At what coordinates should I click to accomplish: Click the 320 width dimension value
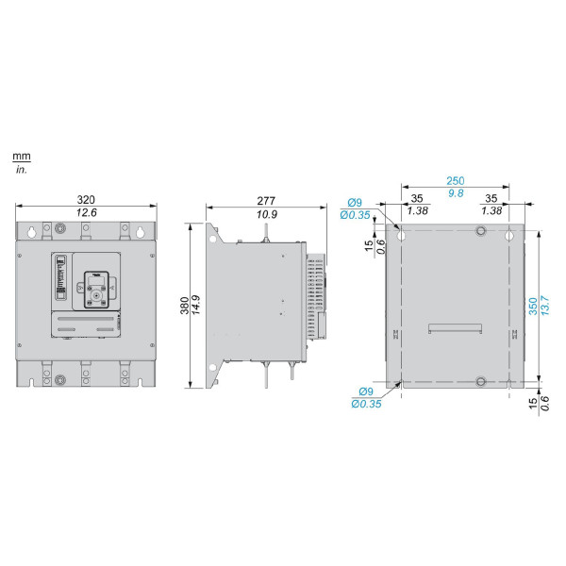[x=86, y=200]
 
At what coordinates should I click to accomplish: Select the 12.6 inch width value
[x=86, y=212]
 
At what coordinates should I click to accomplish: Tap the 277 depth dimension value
[x=266, y=201]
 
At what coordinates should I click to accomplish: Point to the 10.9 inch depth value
[x=267, y=215]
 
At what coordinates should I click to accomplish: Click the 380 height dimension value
[x=185, y=306]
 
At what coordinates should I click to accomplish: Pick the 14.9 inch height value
[x=196, y=305]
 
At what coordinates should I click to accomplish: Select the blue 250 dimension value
[x=456, y=181]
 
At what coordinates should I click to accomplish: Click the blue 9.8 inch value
[x=456, y=193]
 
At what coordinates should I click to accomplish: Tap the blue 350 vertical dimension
[x=533, y=306]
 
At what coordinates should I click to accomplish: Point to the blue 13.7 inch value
[x=545, y=306]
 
